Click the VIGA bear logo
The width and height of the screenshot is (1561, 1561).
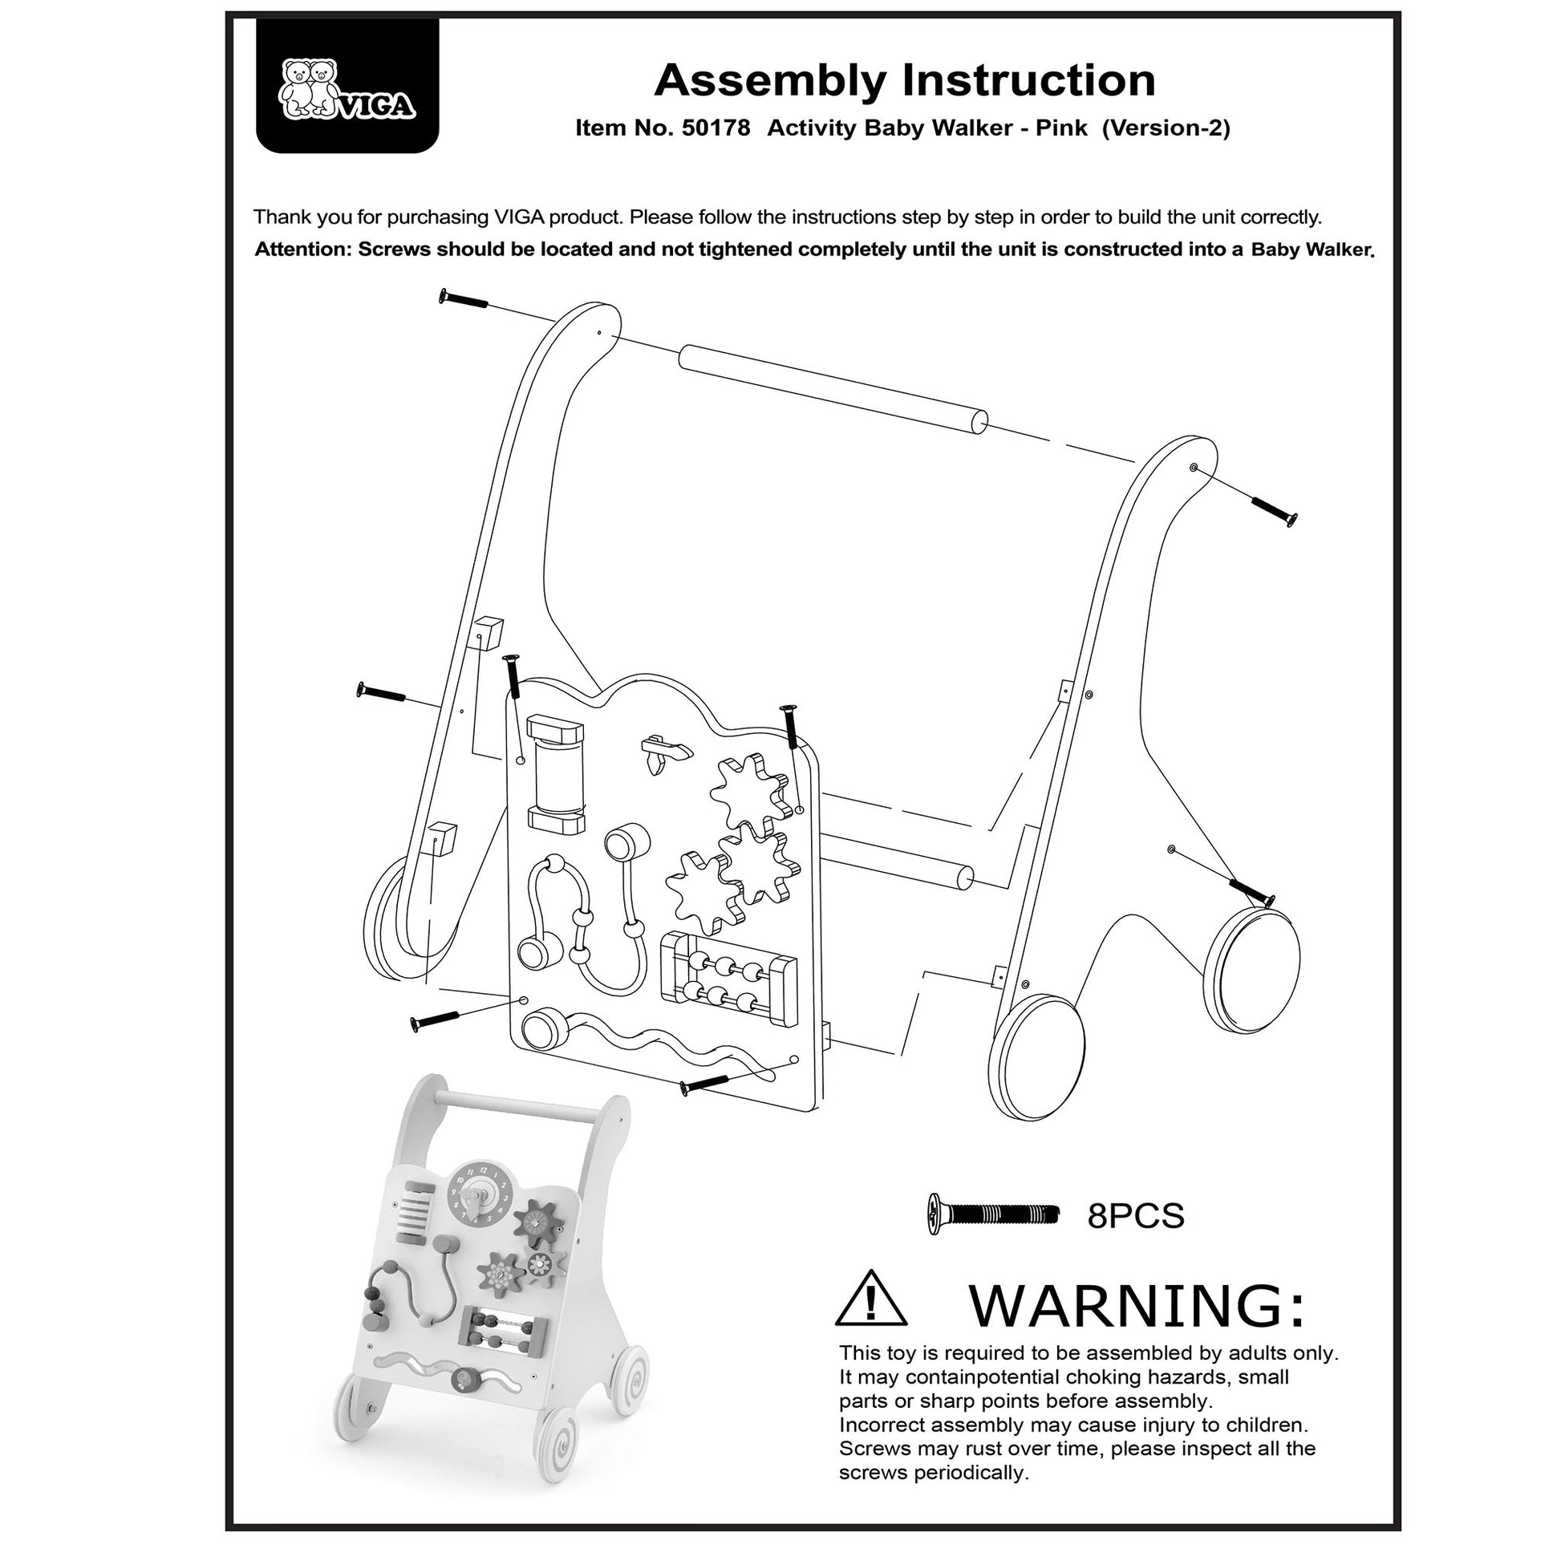346,90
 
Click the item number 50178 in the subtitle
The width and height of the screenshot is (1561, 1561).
716,128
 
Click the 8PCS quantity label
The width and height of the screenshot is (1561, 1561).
1135,1238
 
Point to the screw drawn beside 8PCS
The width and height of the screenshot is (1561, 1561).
993,1236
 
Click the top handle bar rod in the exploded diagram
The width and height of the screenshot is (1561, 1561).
832,391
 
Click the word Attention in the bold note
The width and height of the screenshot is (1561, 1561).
303,249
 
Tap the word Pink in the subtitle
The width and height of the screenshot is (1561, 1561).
1061,128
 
